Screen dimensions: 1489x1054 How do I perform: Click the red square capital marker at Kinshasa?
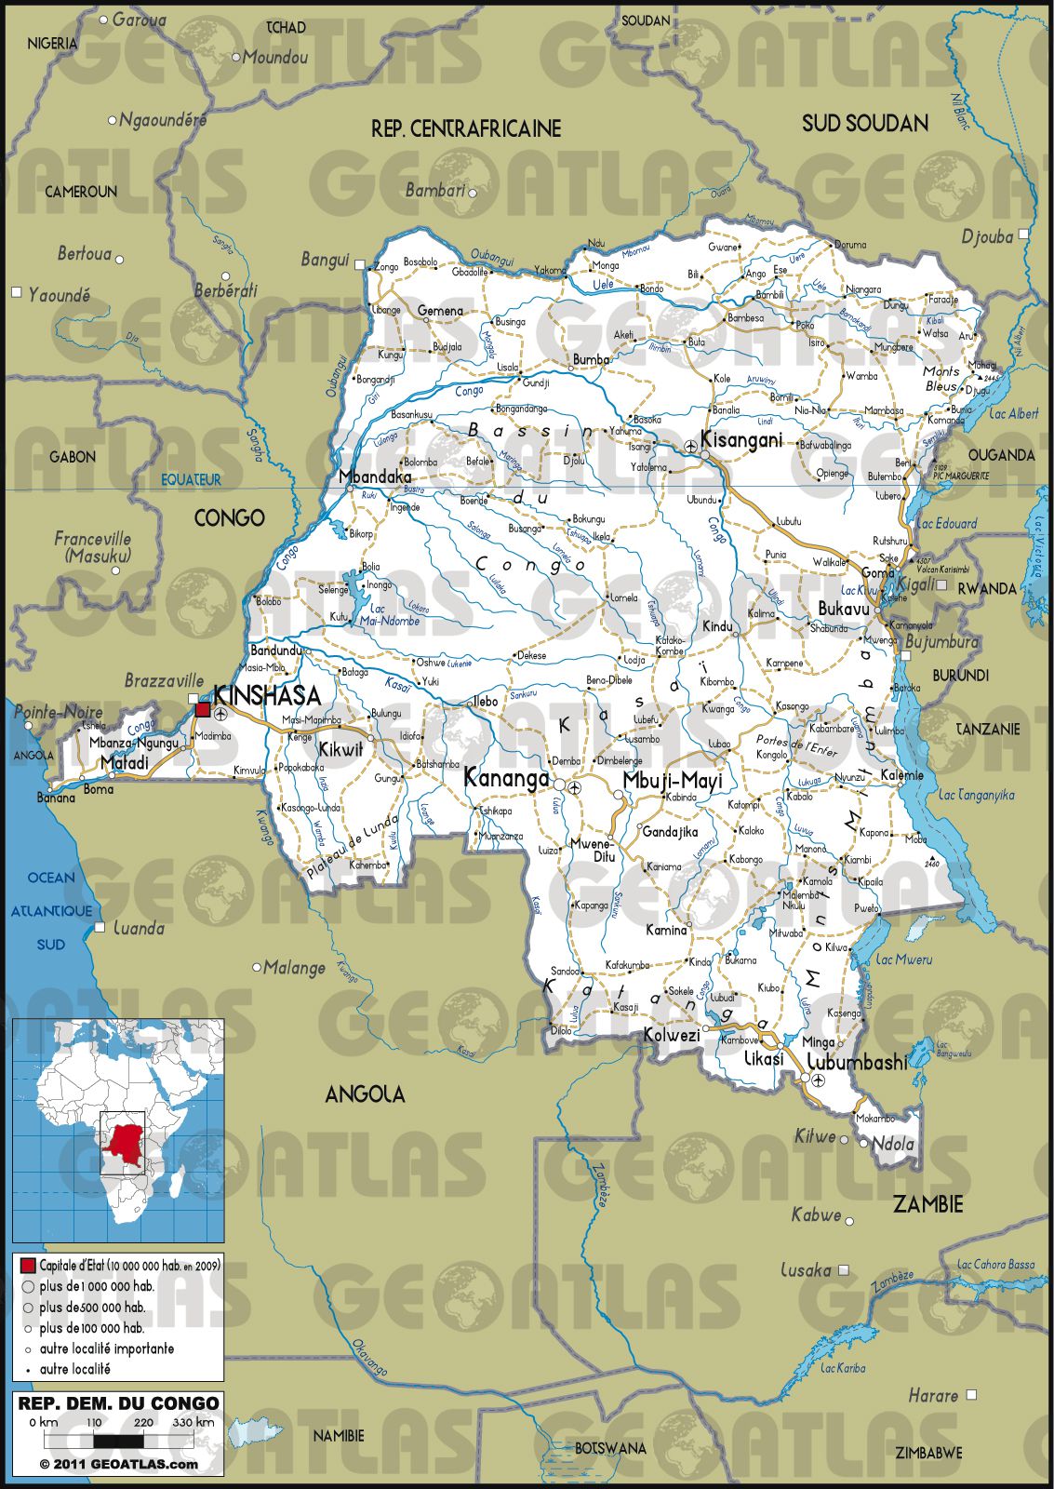[x=202, y=710]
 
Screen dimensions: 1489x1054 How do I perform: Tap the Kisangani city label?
[x=741, y=439]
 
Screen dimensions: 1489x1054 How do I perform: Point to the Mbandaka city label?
[x=374, y=476]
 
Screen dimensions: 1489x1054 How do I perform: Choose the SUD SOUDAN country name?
[x=864, y=123]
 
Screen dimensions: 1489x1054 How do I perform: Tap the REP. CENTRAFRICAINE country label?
[x=466, y=128]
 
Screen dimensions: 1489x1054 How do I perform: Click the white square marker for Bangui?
[x=361, y=265]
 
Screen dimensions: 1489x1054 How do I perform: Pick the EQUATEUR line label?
[x=191, y=479]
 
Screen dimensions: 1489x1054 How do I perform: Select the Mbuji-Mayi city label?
[x=672, y=780]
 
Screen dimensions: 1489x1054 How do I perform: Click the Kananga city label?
[x=506, y=778]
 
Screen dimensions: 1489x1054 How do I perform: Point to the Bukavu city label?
[x=844, y=609]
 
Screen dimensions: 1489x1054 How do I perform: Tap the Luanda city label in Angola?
[x=139, y=928]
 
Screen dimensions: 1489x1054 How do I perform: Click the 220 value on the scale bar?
[x=143, y=1422]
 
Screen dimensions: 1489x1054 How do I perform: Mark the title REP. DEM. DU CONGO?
[x=118, y=1402]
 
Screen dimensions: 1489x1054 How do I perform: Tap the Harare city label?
[x=933, y=1395]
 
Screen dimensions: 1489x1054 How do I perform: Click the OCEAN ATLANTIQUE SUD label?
[x=51, y=910]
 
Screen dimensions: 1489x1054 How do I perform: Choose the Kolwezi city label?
[x=672, y=1035]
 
